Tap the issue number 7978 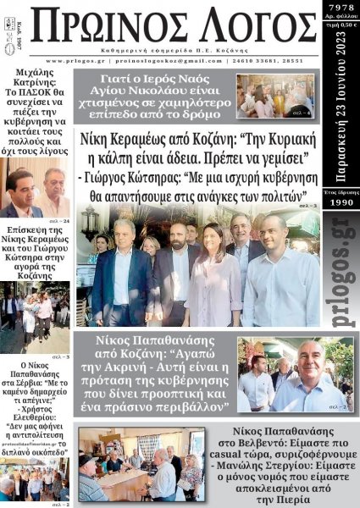pyautogui.click(x=341, y=8)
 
